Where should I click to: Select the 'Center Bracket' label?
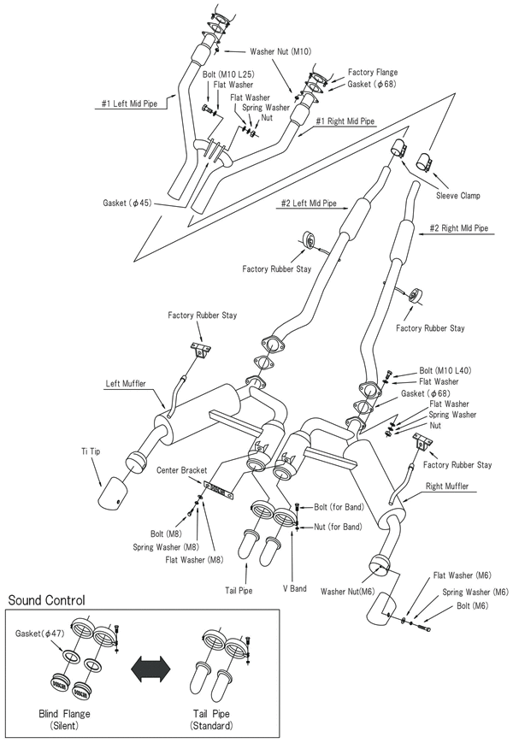[183, 470]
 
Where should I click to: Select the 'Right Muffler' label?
[452, 486]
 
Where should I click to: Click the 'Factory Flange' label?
[373, 73]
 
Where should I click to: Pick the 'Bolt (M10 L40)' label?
[446, 370]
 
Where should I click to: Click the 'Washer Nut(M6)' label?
[348, 590]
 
